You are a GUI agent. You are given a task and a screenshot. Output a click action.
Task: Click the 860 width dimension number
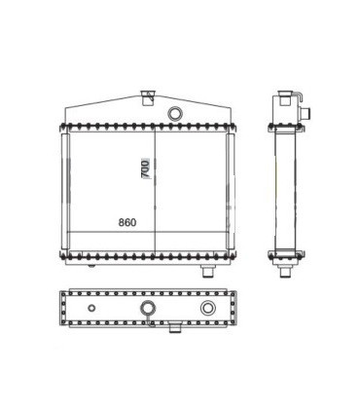pyautogui.click(x=127, y=223)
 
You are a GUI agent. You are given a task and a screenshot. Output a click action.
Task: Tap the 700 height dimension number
pyautogui.click(x=145, y=169)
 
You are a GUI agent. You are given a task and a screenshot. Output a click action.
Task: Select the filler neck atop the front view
pyautogui.click(x=148, y=97)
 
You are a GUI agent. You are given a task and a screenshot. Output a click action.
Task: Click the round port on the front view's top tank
pyautogui.click(x=175, y=113)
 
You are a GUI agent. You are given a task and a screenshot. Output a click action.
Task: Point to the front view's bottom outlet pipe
pyautogui.click(x=208, y=271)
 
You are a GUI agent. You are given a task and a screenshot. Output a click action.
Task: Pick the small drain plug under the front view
pyautogui.click(x=91, y=266)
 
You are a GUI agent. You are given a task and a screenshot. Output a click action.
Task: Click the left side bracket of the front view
pyautogui.click(x=65, y=191)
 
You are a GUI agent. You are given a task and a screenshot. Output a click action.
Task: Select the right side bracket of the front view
pyautogui.click(x=231, y=191)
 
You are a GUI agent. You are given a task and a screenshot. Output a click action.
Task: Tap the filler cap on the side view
pyautogui.click(x=285, y=97)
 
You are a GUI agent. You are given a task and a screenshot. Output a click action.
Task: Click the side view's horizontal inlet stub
pyautogui.click(x=306, y=114)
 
